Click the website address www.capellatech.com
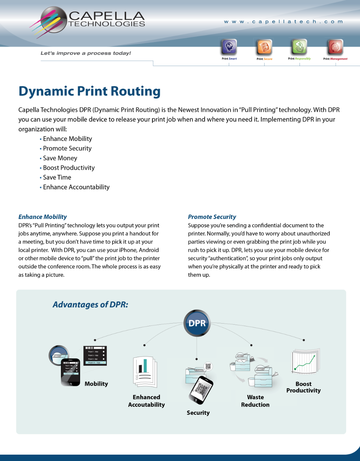(x=283, y=22)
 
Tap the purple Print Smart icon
(x=229, y=47)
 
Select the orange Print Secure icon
(x=264, y=47)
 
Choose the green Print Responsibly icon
(x=299, y=47)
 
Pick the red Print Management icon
(x=335, y=47)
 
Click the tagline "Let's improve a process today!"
(x=86, y=53)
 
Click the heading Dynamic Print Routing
(x=89, y=91)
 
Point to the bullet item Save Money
(x=60, y=158)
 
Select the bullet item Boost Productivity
(x=69, y=168)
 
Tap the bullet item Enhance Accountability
(x=76, y=187)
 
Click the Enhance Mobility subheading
(x=42, y=217)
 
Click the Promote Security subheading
(x=212, y=217)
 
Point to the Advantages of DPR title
(x=90, y=305)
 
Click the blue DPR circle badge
(x=197, y=323)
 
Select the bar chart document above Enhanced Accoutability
(x=145, y=372)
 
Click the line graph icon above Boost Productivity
(x=306, y=362)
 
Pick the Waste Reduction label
(x=255, y=401)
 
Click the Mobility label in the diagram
(x=96, y=384)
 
